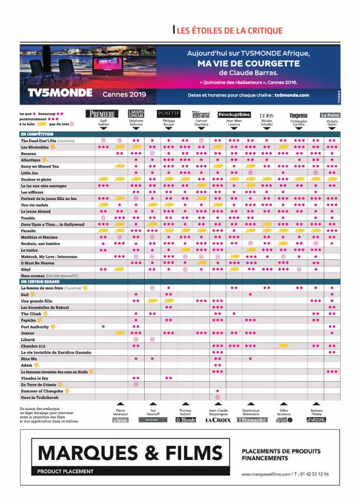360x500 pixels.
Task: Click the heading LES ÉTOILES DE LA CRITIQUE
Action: (229, 31)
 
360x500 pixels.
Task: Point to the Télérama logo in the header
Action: (200, 114)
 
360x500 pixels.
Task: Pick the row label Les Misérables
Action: (35, 147)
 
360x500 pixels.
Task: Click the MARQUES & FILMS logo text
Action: (132, 452)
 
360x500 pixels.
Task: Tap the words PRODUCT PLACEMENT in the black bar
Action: (65, 471)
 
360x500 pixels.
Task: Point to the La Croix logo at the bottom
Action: (217, 420)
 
